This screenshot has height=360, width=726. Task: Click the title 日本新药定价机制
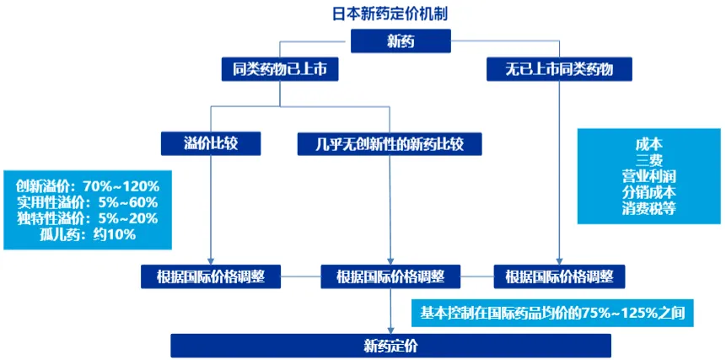[390, 13]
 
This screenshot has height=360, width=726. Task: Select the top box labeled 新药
[401, 41]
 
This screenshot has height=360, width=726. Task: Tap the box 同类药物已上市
[280, 69]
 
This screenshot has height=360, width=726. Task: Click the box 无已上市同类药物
[559, 69]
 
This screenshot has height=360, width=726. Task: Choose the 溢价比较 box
[211, 144]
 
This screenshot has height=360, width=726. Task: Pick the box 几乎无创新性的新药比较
[390, 144]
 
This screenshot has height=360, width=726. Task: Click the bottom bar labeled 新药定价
[390, 346]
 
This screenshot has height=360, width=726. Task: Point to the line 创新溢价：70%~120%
[88, 187]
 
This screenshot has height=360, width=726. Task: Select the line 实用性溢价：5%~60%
[88, 202]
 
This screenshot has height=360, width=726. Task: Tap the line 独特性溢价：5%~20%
[88, 218]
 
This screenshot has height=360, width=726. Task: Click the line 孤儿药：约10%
[88, 234]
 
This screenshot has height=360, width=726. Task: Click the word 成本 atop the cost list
[648, 144]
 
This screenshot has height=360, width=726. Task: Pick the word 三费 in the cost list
[648, 160]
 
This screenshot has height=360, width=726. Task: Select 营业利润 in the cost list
[648, 176]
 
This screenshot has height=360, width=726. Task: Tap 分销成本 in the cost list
[648, 192]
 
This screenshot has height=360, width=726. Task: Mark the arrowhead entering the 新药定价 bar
[390, 330]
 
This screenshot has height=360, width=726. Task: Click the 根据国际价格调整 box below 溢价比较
[211, 277]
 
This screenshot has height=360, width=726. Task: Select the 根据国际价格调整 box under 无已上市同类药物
[559, 277]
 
